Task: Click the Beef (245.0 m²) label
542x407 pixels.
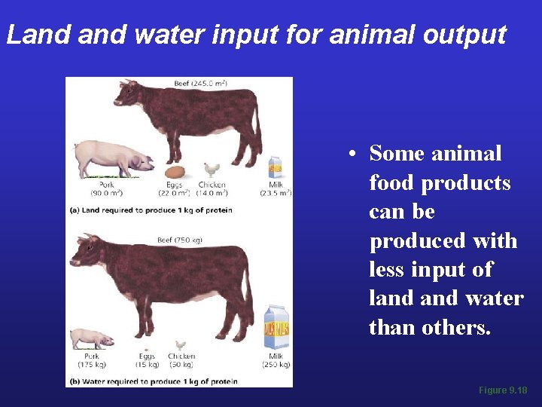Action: click(x=200, y=83)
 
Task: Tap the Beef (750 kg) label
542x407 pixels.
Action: click(x=179, y=240)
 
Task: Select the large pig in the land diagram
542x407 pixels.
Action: click(x=113, y=158)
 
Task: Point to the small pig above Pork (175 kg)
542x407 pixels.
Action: click(x=91, y=338)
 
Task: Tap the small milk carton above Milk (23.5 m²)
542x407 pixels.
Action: click(x=276, y=167)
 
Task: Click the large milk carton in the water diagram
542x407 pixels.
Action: click(x=276, y=328)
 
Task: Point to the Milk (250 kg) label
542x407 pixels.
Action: click(x=276, y=360)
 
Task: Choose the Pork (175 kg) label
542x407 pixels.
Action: click(x=92, y=360)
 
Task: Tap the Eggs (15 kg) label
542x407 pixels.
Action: click(x=147, y=360)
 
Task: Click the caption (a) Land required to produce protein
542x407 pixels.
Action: click(x=151, y=210)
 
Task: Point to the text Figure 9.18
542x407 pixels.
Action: click(x=503, y=390)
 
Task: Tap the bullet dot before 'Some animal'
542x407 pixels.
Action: click(x=352, y=155)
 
